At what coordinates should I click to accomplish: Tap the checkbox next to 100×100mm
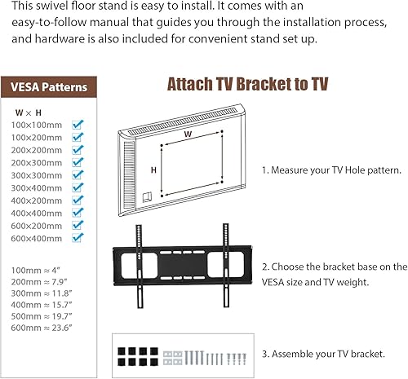click(78, 125)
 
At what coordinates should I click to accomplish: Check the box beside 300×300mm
click(78, 175)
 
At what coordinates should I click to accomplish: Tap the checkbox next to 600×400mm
click(78, 237)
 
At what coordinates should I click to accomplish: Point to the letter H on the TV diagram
click(153, 170)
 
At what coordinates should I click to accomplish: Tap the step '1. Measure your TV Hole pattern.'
click(331, 171)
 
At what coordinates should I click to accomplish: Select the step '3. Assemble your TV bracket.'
click(323, 354)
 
